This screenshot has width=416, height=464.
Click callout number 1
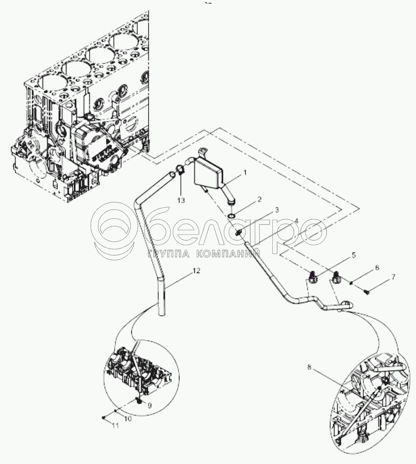(245, 172)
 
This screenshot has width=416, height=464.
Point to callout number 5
(353, 256)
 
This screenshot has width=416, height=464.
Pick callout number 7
(393, 277)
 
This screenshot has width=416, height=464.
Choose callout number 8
(309, 367)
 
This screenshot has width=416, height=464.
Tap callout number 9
(150, 405)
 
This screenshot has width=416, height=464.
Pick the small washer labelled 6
(352, 283)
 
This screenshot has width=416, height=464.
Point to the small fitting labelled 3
(239, 233)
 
